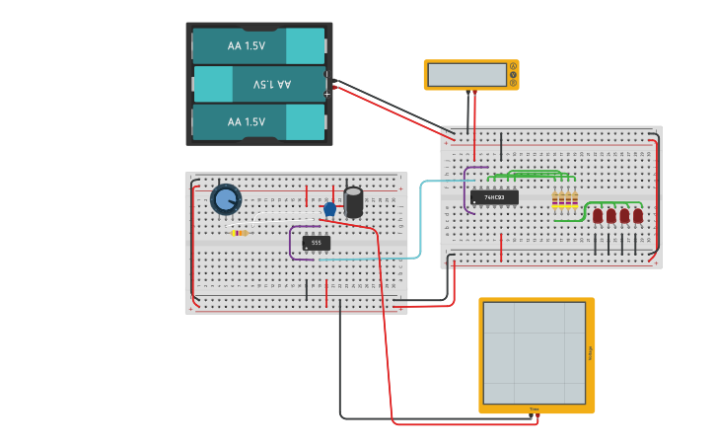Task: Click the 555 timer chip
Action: pos(316,242)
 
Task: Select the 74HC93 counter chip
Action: pos(494,197)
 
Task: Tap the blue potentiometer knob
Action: pos(226,200)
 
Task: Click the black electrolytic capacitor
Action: pos(354,201)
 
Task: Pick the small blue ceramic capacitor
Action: pos(329,209)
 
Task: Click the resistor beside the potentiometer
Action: pos(239,233)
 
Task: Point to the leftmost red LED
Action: pos(598,215)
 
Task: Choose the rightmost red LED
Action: pos(638,215)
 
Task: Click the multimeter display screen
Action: pos(466,75)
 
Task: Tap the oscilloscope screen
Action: pos(534,352)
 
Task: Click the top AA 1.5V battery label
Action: pos(247,45)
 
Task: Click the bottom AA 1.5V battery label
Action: pos(247,121)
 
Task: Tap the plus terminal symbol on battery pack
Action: pos(327,94)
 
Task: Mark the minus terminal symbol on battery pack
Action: pos(327,74)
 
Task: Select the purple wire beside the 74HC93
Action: pos(465,189)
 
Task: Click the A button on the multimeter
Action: pos(513,66)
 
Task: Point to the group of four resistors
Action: pos(565,200)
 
